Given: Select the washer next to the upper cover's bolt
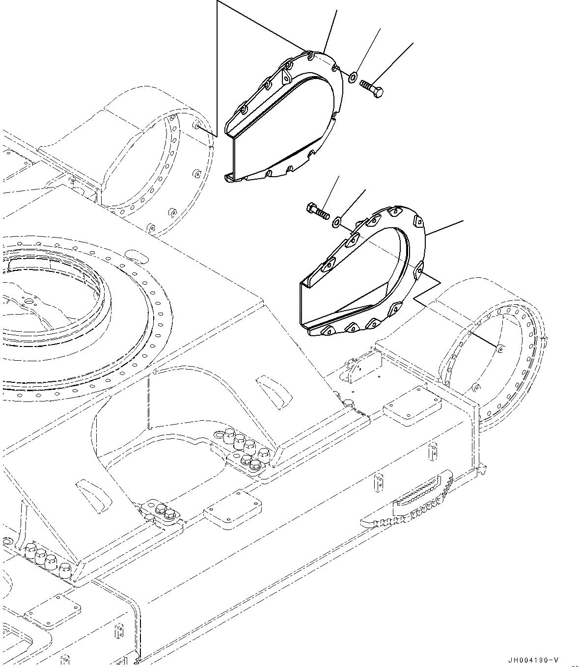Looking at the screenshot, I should point(352,77).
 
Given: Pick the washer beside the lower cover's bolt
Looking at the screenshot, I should point(337,221).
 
